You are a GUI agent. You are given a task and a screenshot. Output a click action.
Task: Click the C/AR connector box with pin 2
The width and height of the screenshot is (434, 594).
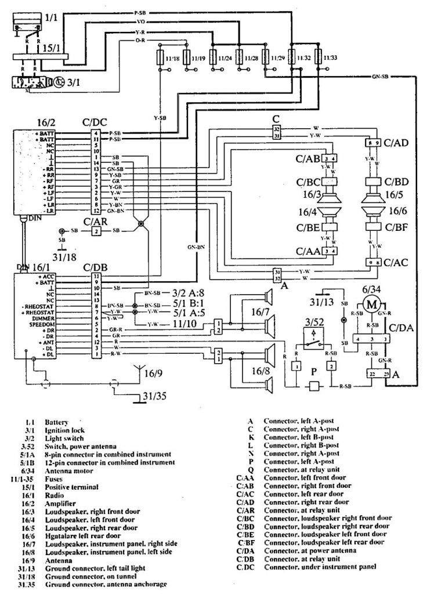tap(95, 231)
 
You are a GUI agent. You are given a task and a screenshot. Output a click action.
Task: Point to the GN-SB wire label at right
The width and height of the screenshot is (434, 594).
tap(381, 77)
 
